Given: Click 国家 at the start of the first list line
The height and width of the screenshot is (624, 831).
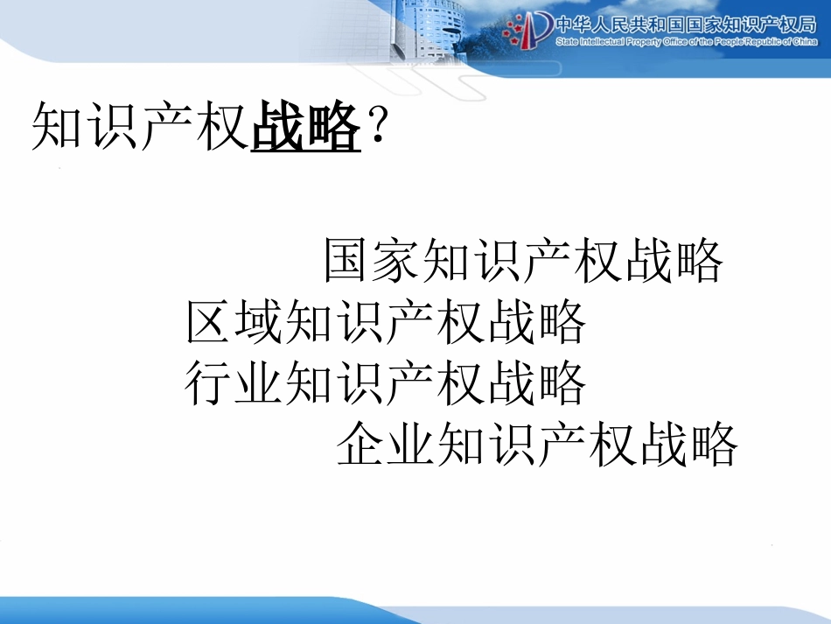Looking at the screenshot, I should click(374, 261).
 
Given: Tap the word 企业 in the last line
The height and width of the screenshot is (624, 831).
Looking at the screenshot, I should click(388, 445).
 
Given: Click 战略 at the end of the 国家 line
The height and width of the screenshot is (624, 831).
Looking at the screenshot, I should click(674, 261).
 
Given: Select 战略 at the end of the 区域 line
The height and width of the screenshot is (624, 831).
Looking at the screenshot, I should click(536, 322).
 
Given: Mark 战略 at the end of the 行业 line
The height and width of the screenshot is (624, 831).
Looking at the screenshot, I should click(536, 383).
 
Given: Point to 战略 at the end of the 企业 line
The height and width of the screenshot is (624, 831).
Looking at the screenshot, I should click(688, 445).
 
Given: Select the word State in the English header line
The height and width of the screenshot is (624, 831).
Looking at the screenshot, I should click(568, 41).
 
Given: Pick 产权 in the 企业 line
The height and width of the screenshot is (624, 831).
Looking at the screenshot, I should click(588, 445).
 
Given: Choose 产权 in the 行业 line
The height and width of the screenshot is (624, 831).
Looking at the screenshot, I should click(436, 383).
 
